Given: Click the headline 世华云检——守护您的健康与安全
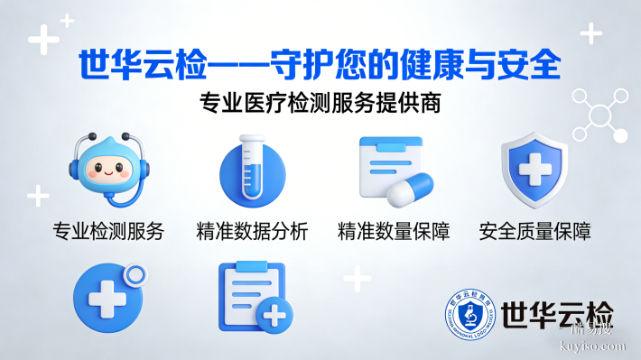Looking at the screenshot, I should tap(320, 65).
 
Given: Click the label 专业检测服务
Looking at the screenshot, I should tap(108, 231).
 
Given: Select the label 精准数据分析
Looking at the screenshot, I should tap(252, 231).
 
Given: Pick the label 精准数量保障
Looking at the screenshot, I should tap(394, 231).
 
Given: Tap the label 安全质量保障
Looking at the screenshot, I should tap(534, 231).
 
